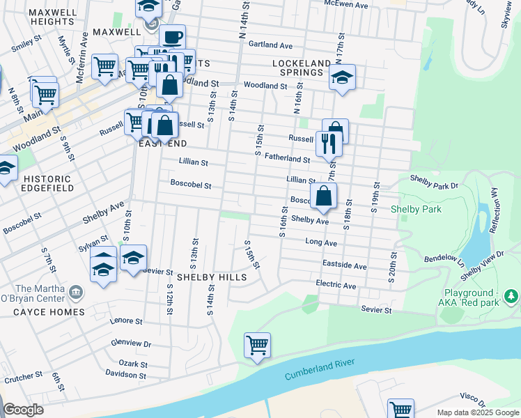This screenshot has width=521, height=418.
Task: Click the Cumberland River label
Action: click(x=320, y=369)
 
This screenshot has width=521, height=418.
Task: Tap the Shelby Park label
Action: click(x=416, y=209)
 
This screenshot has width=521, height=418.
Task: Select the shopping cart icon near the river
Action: click(x=257, y=345)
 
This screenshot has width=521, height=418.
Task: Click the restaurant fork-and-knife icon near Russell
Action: click(x=328, y=144)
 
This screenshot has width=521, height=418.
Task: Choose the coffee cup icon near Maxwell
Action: click(x=172, y=38)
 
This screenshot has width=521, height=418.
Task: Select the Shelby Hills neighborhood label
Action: click(x=212, y=277)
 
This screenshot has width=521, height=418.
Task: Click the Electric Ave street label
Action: click(x=336, y=286)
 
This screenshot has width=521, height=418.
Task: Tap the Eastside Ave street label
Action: click(x=345, y=265)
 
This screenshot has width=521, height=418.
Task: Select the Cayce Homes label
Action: click(x=49, y=312)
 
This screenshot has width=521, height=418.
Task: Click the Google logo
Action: click(x=23, y=410)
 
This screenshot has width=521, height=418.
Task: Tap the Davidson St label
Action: click(x=116, y=375)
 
